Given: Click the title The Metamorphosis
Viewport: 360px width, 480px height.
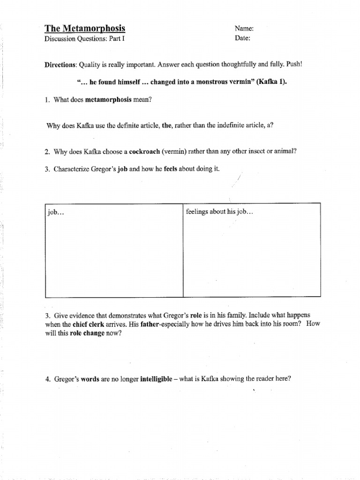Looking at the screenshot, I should (x=85, y=28).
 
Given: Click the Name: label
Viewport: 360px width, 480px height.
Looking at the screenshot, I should (x=244, y=29).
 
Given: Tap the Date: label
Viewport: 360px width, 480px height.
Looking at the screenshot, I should (x=242, y=38).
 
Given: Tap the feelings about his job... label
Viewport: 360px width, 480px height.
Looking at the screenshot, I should (x=219, y=212).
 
